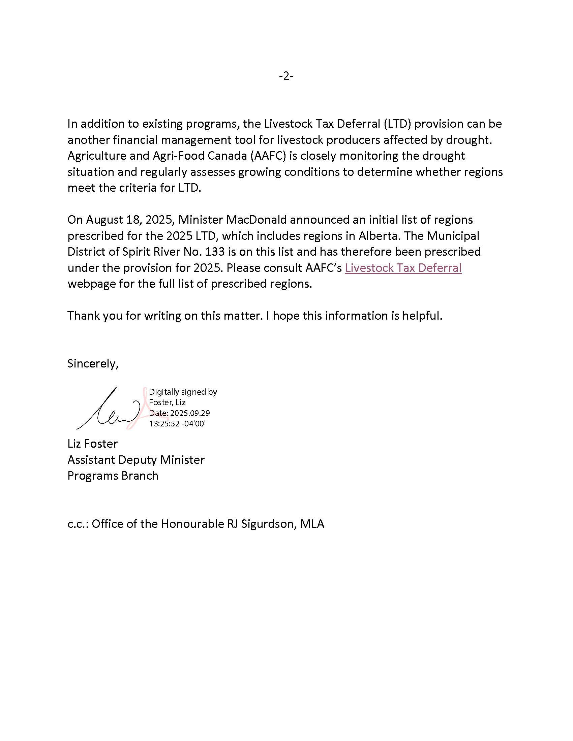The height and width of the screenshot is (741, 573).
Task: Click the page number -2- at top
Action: (286, 76)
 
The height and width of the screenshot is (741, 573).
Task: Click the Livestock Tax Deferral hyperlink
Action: (403, 268)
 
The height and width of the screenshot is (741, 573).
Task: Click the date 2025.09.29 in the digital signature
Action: (190, 413)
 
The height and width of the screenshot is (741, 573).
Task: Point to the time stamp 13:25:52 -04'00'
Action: (177, 423)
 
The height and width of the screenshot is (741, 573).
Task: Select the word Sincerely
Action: (93, 363)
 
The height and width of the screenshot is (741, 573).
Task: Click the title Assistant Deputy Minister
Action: (136, 460)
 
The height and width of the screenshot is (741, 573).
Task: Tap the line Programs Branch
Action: (113, 476)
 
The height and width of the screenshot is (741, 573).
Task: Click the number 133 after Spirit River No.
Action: (215, 252)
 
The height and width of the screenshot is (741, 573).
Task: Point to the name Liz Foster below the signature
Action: (92, 444)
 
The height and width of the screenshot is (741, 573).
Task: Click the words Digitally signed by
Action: (183, 392)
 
